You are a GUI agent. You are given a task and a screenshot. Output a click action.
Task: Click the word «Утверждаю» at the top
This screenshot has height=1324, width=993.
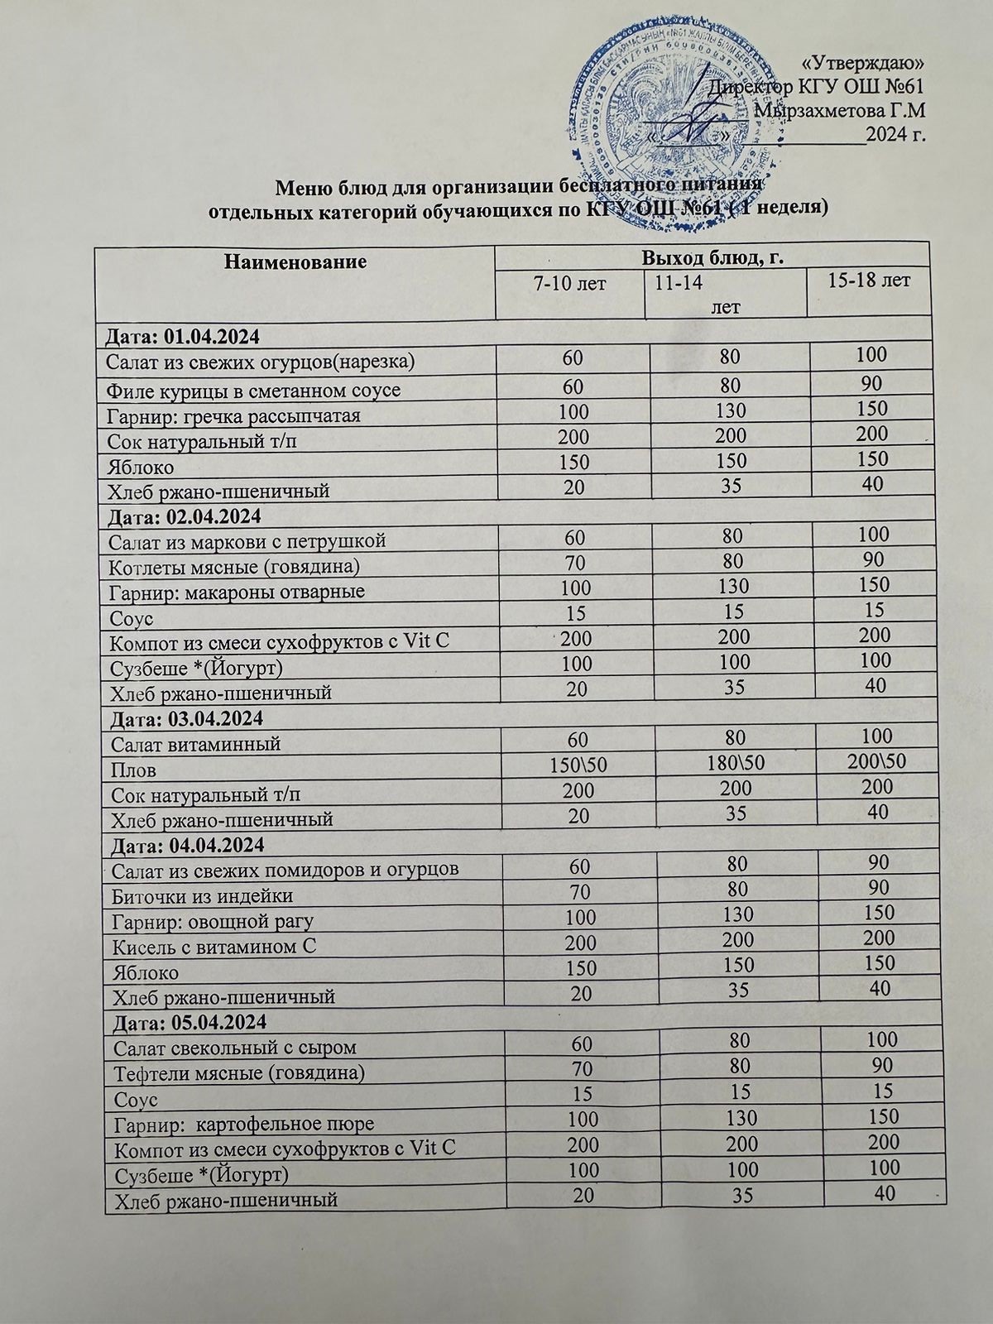pos(865,64)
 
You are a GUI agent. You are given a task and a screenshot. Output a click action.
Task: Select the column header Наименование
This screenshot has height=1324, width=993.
pos(295,263)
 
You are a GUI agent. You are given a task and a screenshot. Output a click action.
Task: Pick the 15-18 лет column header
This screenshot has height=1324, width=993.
pos(869,281)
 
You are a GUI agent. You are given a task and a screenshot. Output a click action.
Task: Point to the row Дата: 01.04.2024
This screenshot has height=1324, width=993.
pos(181,337)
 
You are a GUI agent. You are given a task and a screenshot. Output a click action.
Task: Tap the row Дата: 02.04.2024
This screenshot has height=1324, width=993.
pos(183,517)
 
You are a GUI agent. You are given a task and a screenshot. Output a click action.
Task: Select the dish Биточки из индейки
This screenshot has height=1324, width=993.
pos(202,895)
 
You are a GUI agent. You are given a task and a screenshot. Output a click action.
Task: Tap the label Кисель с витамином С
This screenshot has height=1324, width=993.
pos(213,946)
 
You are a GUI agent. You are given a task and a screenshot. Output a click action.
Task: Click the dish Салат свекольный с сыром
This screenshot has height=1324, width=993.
pos(234,1048)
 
